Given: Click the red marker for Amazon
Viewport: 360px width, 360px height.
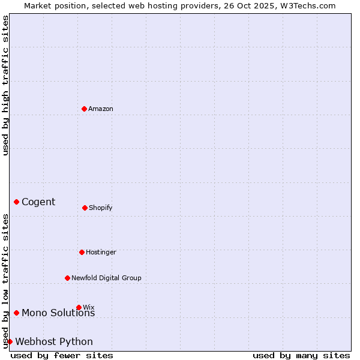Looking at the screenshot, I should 85,109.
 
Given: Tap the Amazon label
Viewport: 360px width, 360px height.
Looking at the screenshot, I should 101,109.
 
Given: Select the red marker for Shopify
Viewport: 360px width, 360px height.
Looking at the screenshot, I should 85,208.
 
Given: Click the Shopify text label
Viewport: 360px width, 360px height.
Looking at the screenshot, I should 101,208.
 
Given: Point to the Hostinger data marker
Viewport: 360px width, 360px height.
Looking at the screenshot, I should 82,252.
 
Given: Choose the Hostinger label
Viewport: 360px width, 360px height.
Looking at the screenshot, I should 101,252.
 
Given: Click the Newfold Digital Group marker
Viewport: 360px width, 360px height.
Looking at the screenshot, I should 67,278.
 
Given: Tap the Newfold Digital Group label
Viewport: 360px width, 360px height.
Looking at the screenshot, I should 106,278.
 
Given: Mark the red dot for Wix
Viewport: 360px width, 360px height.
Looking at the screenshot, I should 79,307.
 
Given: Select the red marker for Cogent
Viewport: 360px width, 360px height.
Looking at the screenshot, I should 16,202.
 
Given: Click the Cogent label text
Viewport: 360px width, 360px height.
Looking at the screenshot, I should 38,202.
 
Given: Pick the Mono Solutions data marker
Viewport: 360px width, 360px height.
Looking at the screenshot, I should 16,313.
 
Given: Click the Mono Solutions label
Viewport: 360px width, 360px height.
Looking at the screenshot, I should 58,313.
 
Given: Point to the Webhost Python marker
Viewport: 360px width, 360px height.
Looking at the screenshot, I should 10,341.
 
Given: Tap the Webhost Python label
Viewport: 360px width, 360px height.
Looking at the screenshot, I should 54,342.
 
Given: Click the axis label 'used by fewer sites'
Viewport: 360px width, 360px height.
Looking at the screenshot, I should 62,355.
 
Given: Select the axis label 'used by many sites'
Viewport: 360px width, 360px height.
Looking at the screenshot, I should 301,355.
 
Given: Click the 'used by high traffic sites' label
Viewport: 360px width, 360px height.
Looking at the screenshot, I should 5,85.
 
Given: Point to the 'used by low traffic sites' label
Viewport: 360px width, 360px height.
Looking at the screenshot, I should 5,281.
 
